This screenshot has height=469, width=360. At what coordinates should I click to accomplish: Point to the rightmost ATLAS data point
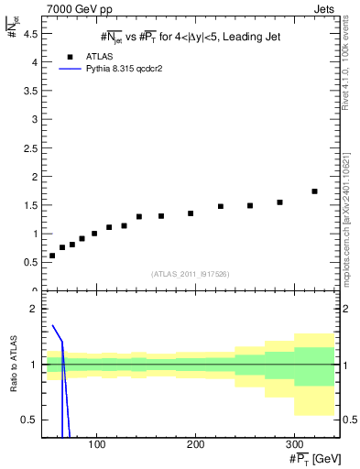(x=314, y=191)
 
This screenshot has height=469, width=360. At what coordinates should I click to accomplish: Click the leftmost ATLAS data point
(x=52, y=256)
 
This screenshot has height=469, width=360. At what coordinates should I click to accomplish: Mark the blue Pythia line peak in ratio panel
(x=53, y=325)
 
